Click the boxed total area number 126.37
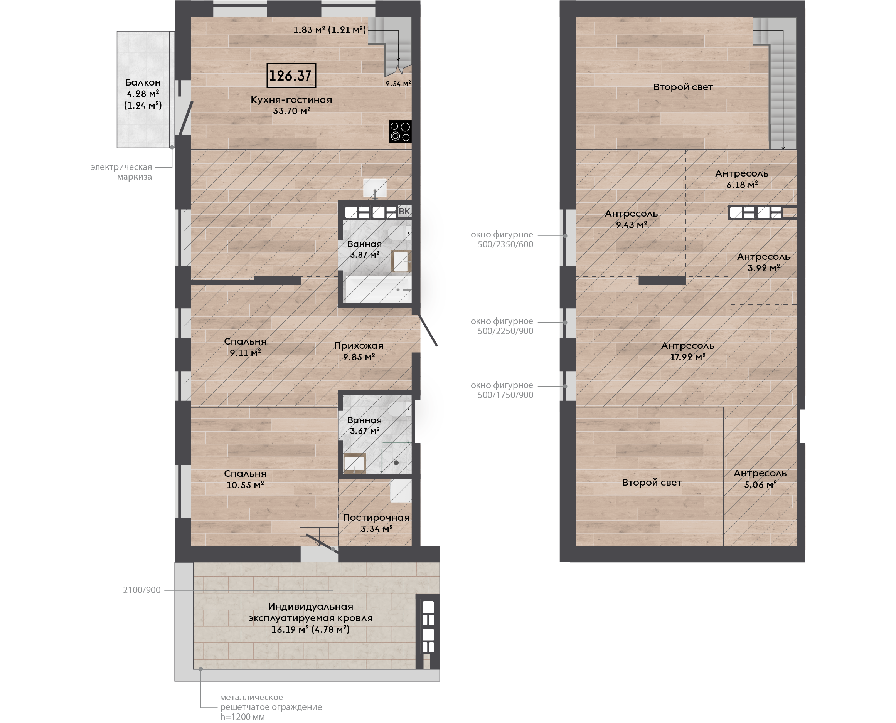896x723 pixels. tap(291, 76)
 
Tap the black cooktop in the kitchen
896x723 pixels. tap(400, 131)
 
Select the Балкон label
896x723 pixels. tap(143, 82)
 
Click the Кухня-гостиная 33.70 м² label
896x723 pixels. tap(291, 105)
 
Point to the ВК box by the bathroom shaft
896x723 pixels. tap(404, 211)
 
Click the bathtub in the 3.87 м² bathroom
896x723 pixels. tap(378, 289)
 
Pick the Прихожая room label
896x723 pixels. tap(359, 346)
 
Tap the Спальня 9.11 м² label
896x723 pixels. tap(245, 347)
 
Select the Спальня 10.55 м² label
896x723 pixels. tap(245, 479)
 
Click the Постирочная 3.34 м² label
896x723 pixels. tap(376, 523)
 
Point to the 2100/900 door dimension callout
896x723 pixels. tap(141, 590)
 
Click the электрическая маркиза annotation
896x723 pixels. tap(121, 172)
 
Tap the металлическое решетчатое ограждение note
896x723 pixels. tap(271, 707)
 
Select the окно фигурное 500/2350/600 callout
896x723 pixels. tap(502, 239)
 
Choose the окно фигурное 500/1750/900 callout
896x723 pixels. tap(502, 390)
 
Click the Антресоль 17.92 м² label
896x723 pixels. tap(687, 351)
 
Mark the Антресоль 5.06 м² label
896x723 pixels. tap(760, 479)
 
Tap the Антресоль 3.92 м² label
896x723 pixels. tap(763, 262)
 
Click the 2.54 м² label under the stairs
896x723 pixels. tap(398, 84)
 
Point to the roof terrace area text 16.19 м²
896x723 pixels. tap(290, 629)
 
